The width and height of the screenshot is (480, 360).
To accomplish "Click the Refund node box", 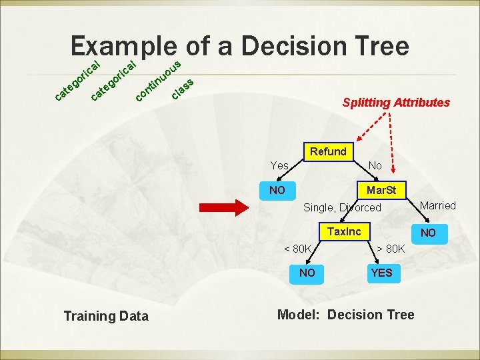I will click(327, 151).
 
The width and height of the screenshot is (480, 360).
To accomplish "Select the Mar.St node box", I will click(381, 190).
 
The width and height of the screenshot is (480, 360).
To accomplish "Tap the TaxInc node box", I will click(344, 231).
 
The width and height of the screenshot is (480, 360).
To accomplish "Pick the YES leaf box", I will click(381, 273).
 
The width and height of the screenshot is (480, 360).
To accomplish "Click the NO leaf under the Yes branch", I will click(277, 190).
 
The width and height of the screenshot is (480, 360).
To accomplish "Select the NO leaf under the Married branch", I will click(428, 233).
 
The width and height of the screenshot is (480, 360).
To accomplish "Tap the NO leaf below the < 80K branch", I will click(307, 273).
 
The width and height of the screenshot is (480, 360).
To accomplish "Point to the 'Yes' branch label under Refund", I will click(279, 165).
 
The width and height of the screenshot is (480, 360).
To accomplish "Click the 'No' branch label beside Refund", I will click(375, 165).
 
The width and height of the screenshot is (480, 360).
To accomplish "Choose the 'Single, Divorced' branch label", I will click(342, 207).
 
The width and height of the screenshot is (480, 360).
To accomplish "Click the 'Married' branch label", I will click(438, 205).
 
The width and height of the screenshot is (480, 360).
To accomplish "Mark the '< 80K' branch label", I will click(298, 249).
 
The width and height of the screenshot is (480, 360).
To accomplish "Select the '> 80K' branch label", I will click(391, 249).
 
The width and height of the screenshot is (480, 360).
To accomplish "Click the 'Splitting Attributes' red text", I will click(396, 103).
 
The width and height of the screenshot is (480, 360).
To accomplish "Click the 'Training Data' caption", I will click(106, 316).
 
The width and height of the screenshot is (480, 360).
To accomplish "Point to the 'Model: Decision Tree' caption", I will click(345, 315).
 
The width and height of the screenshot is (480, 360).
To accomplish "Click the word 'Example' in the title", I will click(124, 46).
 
